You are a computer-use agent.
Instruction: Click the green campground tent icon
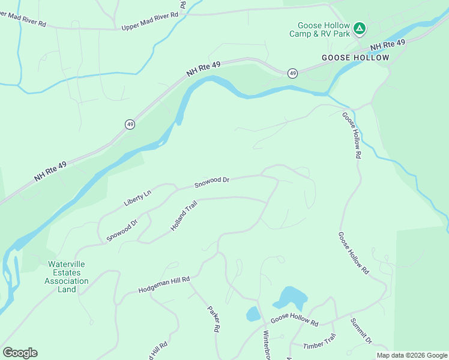(x=359, y=28)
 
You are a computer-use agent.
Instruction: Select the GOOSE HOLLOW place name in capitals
(x=355, y=58)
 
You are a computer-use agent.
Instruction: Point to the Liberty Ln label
(x=137, y=196)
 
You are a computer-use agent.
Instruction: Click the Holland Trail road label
(x=183, y=217)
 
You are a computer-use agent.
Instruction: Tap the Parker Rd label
(x=214, y=320)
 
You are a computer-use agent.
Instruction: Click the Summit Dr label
(x=361, y=331)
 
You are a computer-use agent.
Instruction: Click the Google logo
(x=20, y=353)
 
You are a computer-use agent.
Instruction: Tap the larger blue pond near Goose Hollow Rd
(x=292, y=298)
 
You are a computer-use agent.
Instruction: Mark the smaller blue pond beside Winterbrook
(x=253, y=314)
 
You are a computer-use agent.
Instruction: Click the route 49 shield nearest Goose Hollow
(x=292, y=73)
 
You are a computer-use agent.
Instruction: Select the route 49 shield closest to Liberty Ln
(x=130, y=124)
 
